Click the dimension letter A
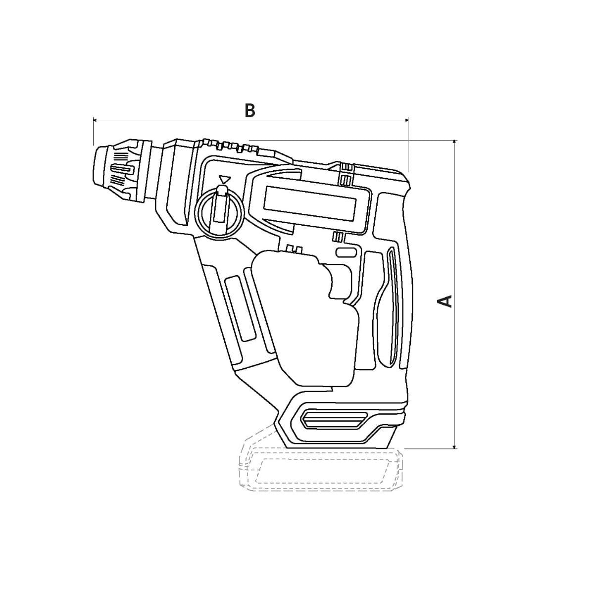point(445,301)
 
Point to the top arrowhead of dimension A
point(454,142)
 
